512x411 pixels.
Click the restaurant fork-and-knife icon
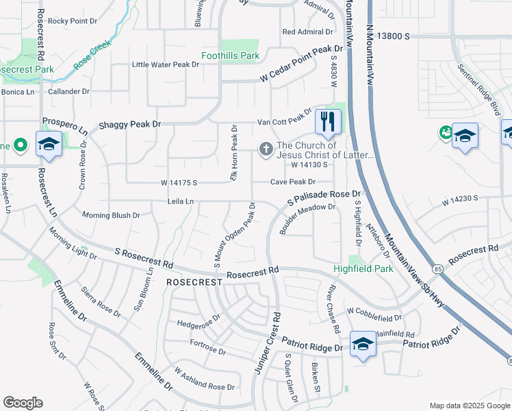[329, 122]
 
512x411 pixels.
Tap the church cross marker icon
[265, 149]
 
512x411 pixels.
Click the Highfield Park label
[363, 269]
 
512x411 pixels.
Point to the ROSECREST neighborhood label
[194, 282]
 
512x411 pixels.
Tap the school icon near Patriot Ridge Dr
[362, 343]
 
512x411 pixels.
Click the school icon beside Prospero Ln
[49, 144]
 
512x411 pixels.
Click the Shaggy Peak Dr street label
[129, 124]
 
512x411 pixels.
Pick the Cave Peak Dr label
[292, 182]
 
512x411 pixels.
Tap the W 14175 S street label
[179, 183]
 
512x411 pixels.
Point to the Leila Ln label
[181, 201]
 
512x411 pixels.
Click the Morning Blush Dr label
[111, 215]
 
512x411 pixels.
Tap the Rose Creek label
[92, 54]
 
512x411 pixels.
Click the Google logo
[23, 403]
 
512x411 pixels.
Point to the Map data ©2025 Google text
[468, 406]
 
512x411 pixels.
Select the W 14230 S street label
[459, 199]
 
